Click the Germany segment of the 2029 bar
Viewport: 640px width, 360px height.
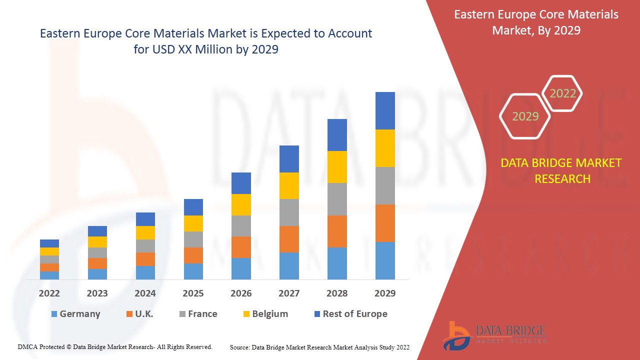point(385,260)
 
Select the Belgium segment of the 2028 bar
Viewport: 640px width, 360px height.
point(337,167)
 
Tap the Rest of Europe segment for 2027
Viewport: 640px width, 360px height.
point(289,159)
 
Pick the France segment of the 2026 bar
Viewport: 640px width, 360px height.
point(241,226)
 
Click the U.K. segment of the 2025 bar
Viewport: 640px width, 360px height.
point(193,255)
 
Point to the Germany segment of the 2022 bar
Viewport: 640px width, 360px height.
point(49,275)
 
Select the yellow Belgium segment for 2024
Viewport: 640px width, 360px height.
point(145,232)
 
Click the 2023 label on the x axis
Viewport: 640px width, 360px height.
point(97,293)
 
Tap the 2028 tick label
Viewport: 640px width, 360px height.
point(337,293)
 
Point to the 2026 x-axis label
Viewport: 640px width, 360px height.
point(241,293)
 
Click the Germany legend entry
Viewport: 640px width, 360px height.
point(75,314)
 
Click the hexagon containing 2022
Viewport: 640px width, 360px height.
point(562,93)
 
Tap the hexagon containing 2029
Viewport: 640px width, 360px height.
point(525,116)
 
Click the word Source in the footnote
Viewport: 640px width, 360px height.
point(239,347)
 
